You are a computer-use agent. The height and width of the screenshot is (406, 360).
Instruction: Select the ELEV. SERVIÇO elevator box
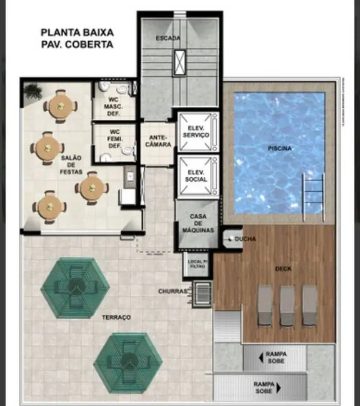point(193,131)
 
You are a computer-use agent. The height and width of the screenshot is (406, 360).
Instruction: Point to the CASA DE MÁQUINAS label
point(198,222)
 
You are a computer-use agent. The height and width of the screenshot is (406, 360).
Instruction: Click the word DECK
point(283,269)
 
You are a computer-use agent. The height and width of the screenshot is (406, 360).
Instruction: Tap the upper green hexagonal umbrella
point(75,286)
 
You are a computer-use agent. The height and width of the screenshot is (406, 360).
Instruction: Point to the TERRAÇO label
point(116,317)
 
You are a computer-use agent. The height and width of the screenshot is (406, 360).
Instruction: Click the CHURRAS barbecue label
point(172,291)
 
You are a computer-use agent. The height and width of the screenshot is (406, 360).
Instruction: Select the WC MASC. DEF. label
point(112,106)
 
